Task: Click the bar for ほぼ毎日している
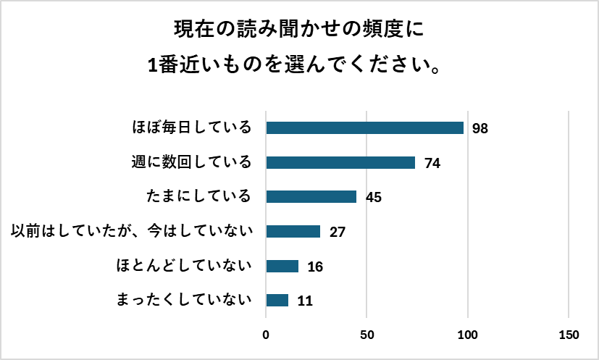tap(365, 128)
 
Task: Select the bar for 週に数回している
tap(340, 162)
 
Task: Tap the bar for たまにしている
tap(311, 197)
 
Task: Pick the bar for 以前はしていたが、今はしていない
tap(293, 232)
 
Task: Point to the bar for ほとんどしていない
tap(282, 266)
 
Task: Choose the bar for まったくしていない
tap(277, 300)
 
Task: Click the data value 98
tap(480, 129)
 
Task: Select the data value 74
tap(432, 163)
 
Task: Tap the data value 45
tap(374, 198)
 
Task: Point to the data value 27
tap(338, 233)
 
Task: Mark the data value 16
tap(315, 267)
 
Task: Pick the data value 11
tap(305, 301)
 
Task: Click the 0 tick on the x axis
tap(266, 335)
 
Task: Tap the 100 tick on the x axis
tap(468, 335)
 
